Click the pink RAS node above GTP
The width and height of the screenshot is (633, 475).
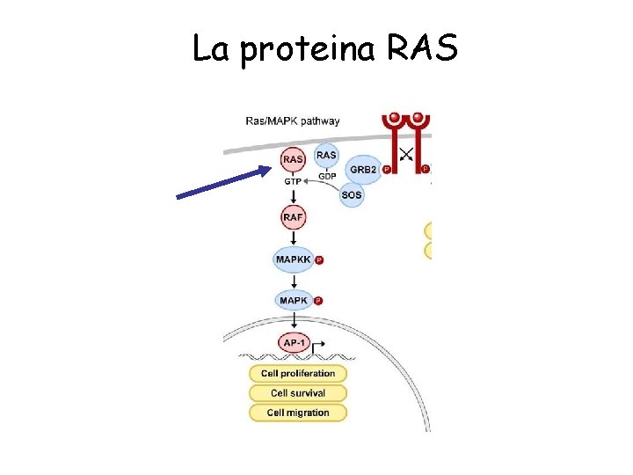tap(294, 160)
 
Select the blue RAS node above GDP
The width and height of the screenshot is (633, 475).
tap(326, 156)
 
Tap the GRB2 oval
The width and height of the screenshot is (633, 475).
tap(363, 169)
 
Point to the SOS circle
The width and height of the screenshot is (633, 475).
tap(352, 195)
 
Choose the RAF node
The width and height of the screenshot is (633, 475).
tap(294, 216)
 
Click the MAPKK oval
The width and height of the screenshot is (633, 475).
tap(293, 259)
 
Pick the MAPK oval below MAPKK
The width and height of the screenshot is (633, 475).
tap(293, 301)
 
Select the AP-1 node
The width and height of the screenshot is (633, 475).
tap(293, 342)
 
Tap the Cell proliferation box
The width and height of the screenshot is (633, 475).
tap(298, 374)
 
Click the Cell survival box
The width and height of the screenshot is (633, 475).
tap(298, 393)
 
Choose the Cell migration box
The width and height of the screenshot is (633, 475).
tap(298, 413)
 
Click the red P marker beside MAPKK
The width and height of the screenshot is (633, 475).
tap(319, 260)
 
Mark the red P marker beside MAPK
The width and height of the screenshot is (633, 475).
tap(318, 301)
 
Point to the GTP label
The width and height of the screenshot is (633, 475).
tap(293, 181)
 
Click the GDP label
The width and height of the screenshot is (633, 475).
tap(327, 176)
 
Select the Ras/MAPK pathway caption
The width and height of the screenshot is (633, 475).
tap(293, 121)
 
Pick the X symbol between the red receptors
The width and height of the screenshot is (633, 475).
tap(405, 156)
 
